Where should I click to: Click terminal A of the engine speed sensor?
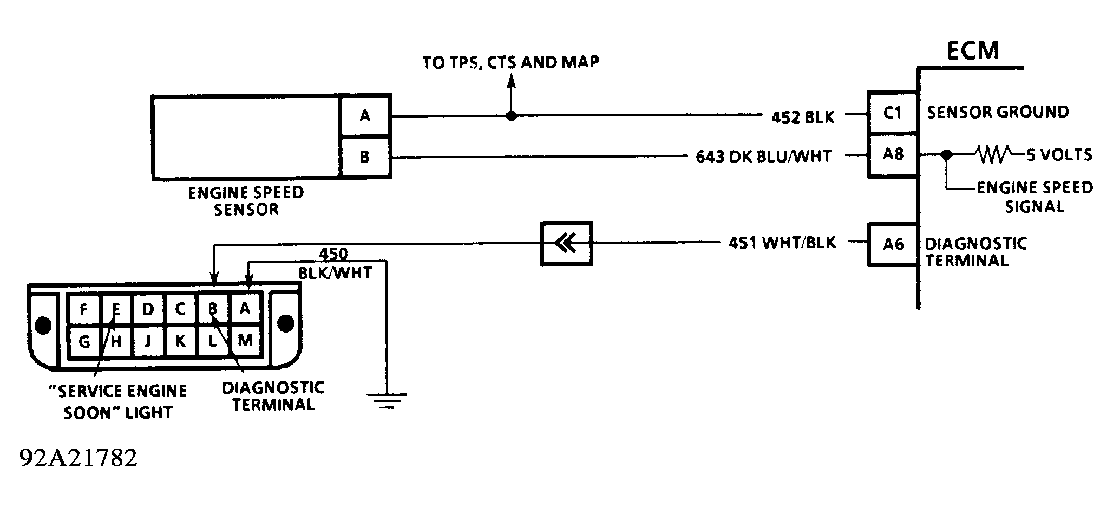pyautogui.click(x=365, y=115)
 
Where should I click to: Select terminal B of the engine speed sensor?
pyautogui.click(x=365, y=157)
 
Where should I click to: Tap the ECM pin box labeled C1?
pyautogui.click(x=893, y=113)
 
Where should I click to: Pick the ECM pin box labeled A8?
pyautogui.click(x=893, y=155)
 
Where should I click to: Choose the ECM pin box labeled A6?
pyautogui.click(x=893, y=244)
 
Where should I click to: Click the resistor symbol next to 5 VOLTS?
pyautogui.click(x=992, y=155)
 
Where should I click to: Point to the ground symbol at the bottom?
pyautogui.click(x=387, y=400)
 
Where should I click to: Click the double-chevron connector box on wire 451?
pyautogui.click(x=566, y=244)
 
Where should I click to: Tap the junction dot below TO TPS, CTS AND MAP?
pyautogui.click(x=510, y=115)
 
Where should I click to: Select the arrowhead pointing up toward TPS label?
pyautogui.click(x=510, y=80)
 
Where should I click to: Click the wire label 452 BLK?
pyautogui.click(x=803, y=117)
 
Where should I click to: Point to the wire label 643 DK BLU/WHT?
pyautogui.click(x=763, y=157)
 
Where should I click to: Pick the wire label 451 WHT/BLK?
pyautogui.click(x=782, y=243)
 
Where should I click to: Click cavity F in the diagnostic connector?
pyautogui.click(x=83, y=309)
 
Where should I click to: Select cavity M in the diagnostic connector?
pyautogui.click(x=245, y=341)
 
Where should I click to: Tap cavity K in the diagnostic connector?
pyautogui.click(x=180, y=341)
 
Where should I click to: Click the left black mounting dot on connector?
pyautogui.click(x=43, y=325)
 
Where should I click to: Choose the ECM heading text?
pyautogui.click(x=972, y=50)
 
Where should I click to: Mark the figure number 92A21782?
pyautogui.click(x=78, y=458)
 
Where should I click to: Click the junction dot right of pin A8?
pyautogui.click(x=946, y=155)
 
